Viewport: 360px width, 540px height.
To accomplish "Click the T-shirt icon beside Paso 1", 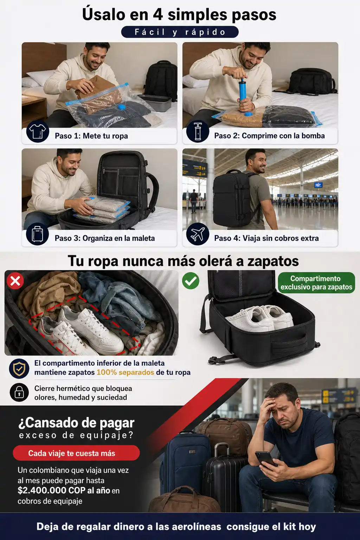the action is [38, 131].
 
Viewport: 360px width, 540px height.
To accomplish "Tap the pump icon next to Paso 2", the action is [198, 131].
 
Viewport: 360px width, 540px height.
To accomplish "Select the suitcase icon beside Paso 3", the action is [38, 234].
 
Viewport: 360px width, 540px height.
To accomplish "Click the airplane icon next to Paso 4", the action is [198, 234].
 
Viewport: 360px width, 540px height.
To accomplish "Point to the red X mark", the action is [15, 281].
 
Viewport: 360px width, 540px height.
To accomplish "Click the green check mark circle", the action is [191, 281].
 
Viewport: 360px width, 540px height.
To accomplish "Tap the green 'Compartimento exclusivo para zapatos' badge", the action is [316, 283].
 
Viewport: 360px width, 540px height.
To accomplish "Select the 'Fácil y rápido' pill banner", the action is [180, 32].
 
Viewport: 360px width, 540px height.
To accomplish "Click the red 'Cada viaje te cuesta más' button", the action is [76, 453].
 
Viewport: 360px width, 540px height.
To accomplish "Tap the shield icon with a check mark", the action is [19, 368].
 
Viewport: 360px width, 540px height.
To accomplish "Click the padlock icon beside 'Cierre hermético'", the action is [19, 392].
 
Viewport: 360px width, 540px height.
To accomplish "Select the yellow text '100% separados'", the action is [125, 372].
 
